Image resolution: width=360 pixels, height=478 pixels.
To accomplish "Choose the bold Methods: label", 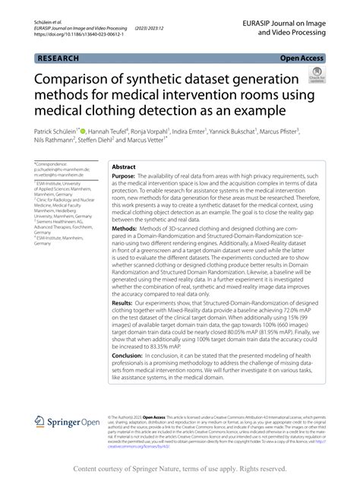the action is point(125,227).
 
